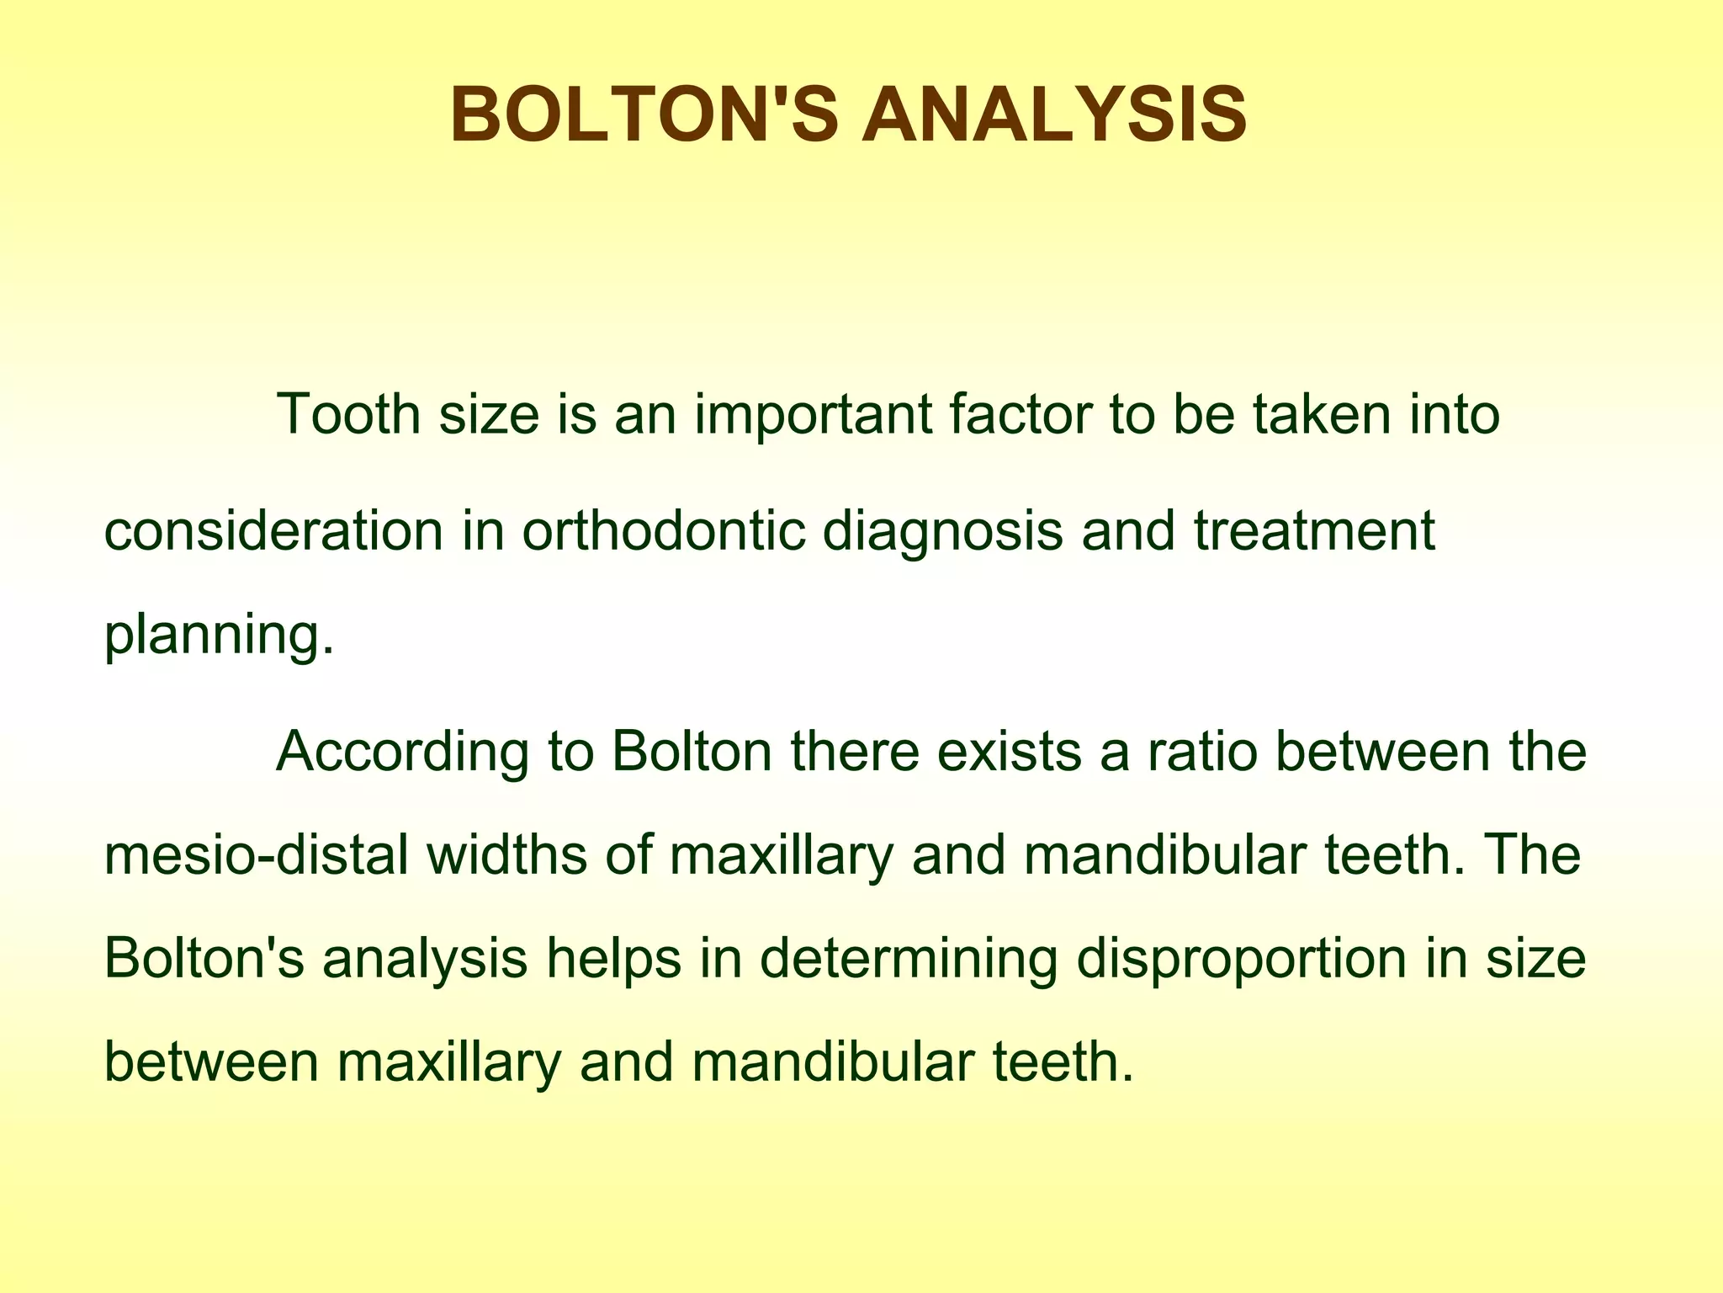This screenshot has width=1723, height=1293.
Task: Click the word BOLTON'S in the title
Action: (644, 115)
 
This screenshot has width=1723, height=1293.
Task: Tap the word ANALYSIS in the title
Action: (1053, 115)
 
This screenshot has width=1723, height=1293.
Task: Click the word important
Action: (812, 416)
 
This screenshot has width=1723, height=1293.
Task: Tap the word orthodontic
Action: (663, 531)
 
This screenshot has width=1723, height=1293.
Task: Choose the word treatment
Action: (1314, 531)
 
